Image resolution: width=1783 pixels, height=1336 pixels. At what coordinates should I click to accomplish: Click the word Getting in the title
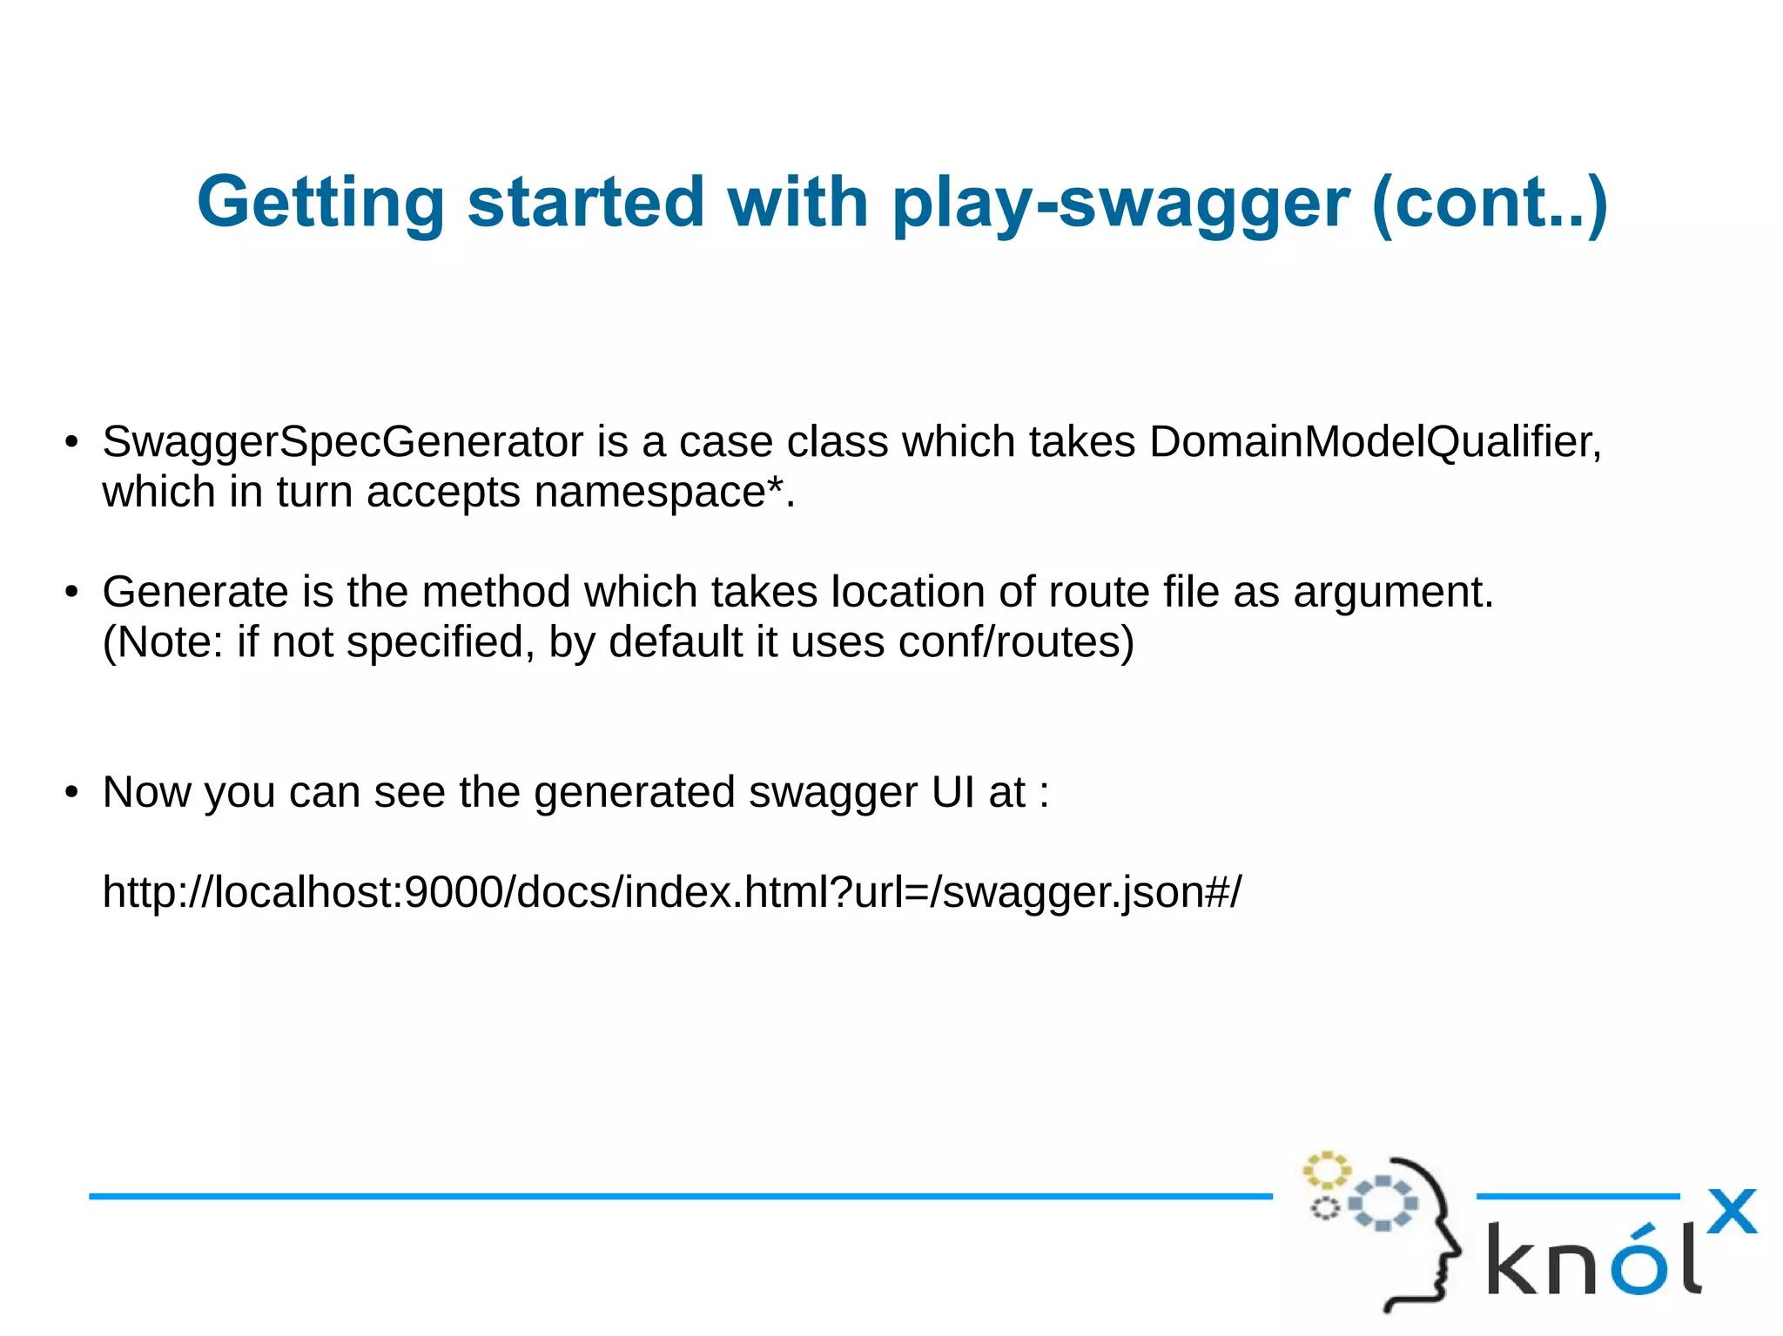(320, 203)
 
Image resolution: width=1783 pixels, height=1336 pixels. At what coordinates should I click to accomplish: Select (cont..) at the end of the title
(1489, 203)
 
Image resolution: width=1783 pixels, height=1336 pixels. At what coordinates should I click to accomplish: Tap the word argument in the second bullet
(1391, 593)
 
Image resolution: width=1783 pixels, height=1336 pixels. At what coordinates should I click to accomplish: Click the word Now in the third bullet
(145, 793)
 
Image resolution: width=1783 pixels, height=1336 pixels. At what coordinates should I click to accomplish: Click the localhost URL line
(671, 892)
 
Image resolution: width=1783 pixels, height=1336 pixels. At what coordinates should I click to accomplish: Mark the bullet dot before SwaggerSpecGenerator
(71, 442)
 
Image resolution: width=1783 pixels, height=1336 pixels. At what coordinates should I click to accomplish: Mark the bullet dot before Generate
(71, 593)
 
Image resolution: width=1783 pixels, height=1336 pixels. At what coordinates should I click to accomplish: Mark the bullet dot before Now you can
(71, 793)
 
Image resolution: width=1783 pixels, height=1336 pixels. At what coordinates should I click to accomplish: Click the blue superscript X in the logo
(1731, 1212)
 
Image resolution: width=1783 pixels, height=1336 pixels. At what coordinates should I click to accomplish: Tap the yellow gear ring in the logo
(1325, 1170)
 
